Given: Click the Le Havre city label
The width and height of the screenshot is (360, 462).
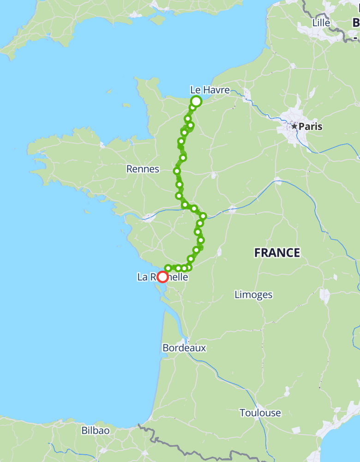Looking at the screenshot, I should (x=210, y=90).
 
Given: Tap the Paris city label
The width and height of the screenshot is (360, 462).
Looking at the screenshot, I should (x=310, y=126).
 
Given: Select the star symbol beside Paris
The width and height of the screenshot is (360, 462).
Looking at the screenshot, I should (x=294, y=126).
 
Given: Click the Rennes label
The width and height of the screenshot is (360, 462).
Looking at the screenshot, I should (x=143, y=169).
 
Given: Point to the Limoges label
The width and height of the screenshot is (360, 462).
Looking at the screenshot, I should (x=253, y=294).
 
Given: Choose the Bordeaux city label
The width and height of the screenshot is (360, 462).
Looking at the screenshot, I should (x=184, y=348).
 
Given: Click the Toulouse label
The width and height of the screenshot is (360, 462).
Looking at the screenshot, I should (x=260, y=413).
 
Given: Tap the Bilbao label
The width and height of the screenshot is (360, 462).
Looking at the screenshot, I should (x=96, y=430).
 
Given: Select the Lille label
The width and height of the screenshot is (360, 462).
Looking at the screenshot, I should (x=321, y=23).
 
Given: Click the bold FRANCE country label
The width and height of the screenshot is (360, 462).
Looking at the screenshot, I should (x=277, y=253).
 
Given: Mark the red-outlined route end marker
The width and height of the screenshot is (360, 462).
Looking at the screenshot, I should (x=162, y=277).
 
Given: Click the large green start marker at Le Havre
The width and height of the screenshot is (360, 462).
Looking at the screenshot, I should (x=196, y=101).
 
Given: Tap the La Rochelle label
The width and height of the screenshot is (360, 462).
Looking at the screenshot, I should (x=162, y=277).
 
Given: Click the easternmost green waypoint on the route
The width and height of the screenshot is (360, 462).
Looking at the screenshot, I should (x=203, y=216).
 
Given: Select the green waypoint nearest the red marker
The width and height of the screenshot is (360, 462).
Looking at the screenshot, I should (x=168, y=268).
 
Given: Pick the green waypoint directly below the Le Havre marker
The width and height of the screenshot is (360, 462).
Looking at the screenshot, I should (x=192, y=108).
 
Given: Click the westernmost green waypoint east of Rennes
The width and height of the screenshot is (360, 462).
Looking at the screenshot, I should (x=176, y=171).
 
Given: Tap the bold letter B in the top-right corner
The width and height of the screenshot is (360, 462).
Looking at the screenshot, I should (x=356, y=23).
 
